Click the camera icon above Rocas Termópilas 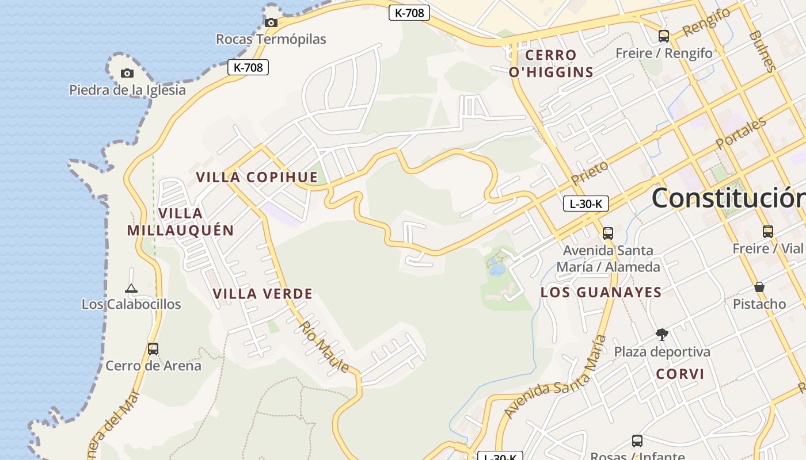(271, 23)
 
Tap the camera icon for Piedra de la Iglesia (127, 74)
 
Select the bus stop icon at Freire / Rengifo (664, 36)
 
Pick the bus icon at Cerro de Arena (153, 349)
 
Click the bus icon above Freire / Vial (767, 232)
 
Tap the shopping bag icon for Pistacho (759, 287)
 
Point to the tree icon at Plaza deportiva (662, 334)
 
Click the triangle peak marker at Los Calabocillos (131, 288)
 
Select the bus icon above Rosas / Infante (637, 441)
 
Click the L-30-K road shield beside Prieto (586, 204)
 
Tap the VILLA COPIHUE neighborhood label (257, 177)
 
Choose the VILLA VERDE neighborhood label (263, 294)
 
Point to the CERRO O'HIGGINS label (551, 63)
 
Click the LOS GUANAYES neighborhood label (601, 292)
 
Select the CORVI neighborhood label (680, 374)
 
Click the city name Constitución (729, 198)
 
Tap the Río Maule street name (323, 347)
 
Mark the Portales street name (741, 133)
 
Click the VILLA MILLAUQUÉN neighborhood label (180, 222)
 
